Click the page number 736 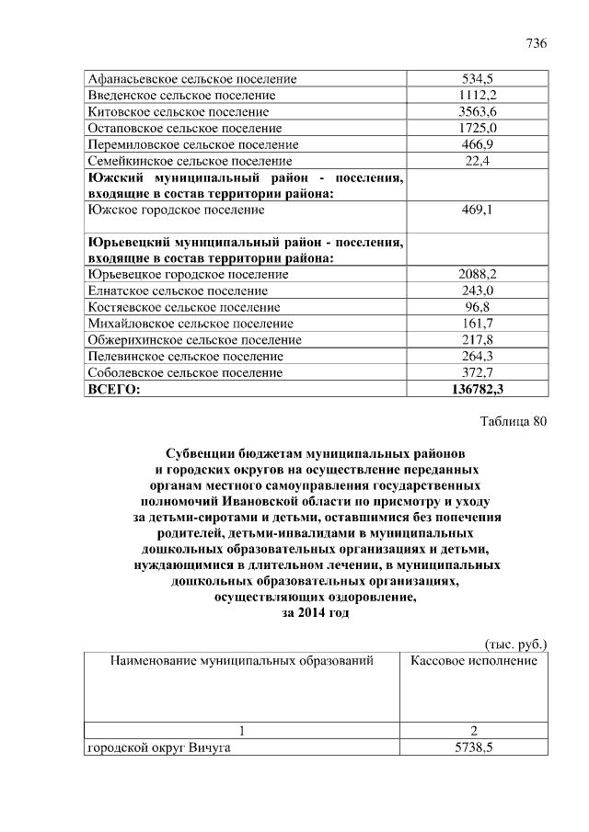[x=536, y=44]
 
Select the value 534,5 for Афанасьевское [x=477, y=78]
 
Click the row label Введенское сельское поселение [x=181, y=95]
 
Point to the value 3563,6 [x=477, y=111]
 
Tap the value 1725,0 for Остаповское [x=477, y=128]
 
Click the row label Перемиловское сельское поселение [x=192, y=144]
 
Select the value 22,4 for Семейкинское [x=477, y=161]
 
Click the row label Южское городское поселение [x=176, y=210]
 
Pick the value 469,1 [x=477, y=210]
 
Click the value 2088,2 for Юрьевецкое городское [x=477, y=274]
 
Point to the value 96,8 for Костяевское [x=477, y=307]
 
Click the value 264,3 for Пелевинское [x=477, y=356]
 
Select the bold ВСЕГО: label [x=113, y=389]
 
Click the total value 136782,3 [x=477, y=389]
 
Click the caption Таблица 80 [x=514, y=422]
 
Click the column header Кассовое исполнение [x=474, y=660]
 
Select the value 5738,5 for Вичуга [x=477, y=748]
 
